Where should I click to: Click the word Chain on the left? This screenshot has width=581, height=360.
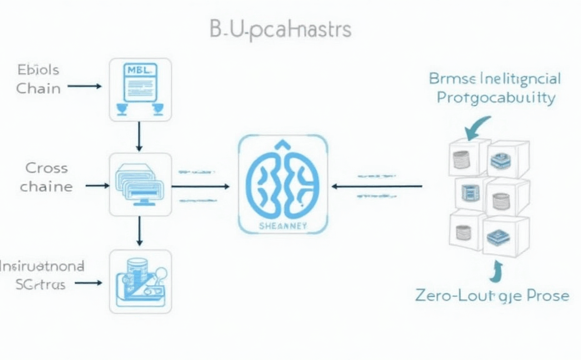click(39, 88)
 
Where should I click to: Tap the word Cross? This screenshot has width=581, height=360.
click(47, 167)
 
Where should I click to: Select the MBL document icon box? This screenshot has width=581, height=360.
click(140, 89)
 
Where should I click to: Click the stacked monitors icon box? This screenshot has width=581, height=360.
click(140, 184)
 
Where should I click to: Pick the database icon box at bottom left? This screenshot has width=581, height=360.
click(140, 281)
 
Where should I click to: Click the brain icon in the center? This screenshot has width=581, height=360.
click(283, 179)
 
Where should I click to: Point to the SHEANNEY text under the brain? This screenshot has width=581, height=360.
click(283, 226)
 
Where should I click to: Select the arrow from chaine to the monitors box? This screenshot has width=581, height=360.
click(97, 186)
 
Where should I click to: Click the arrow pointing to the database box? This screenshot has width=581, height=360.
click(88, 282)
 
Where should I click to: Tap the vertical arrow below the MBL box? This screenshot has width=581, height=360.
click(139, 137)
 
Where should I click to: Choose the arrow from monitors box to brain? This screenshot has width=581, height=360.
click(200, 186)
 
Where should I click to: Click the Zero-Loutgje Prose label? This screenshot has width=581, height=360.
click(492, 295)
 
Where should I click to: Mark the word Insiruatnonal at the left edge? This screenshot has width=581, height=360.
click(42, 266)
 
